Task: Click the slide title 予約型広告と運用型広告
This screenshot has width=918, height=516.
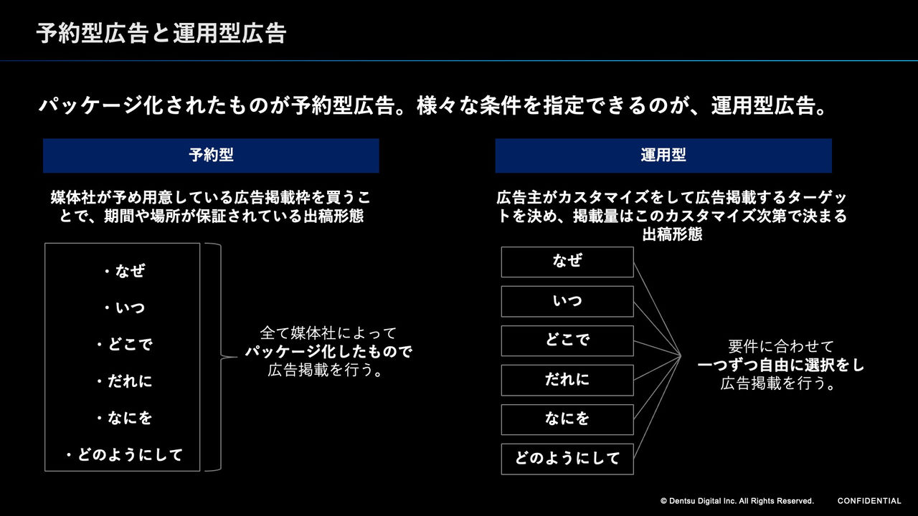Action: pos(161,34)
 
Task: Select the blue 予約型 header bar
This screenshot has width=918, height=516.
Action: pos(211,156)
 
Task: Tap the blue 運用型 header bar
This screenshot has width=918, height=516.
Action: pos(663,156)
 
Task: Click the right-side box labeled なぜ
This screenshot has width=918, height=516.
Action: pos(567,262)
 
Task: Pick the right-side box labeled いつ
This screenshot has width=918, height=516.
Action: pos(567,301)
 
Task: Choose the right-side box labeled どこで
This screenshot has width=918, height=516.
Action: pos(567,340)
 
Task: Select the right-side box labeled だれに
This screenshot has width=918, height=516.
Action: pos(567,380)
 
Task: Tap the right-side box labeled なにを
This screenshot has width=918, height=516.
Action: pos(567,419)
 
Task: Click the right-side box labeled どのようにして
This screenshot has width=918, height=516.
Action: pos(567,459)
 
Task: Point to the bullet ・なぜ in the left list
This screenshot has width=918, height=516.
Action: pos(123,271)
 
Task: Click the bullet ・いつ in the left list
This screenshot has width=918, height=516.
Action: pos(123,308)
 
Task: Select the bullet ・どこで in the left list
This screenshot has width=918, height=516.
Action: pos(123,345)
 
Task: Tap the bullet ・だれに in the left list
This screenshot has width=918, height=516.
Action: pos(123,381)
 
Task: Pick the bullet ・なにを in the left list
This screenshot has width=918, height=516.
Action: pos(123,418)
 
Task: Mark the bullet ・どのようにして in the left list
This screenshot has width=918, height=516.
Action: pos(123,454)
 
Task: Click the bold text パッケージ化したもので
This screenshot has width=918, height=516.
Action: pos(328,352)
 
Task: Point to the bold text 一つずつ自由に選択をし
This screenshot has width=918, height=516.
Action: pos(781,365)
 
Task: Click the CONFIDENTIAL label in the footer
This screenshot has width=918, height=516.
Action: pos(869,501)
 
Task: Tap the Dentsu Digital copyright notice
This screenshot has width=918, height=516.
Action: pos(737,501)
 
